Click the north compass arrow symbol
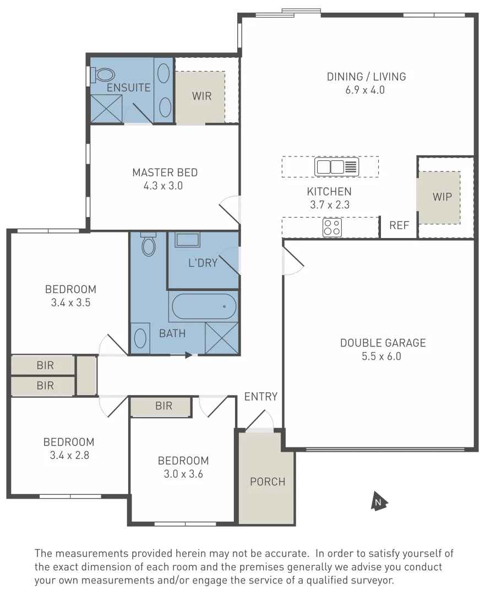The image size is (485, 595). click(379, 501)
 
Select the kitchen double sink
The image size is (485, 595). click(336, 166)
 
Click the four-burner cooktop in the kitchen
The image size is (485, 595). click(332, 228)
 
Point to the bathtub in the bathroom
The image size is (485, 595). click(203, 306)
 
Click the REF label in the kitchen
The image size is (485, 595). click(399, 225)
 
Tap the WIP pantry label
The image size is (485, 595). click(442, 197)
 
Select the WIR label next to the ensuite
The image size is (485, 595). click(201, 96)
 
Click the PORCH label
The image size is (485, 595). click(268, 482)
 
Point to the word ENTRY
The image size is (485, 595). click(261, 397)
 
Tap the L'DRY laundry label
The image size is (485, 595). click(203, 263)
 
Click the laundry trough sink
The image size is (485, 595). click(188, 240)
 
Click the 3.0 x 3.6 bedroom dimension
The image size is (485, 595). click(183, 474)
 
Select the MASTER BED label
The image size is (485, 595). click(165, 172)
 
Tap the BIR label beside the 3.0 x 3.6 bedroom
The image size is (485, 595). click(164, 406)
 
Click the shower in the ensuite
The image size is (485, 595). click(106, 108)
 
